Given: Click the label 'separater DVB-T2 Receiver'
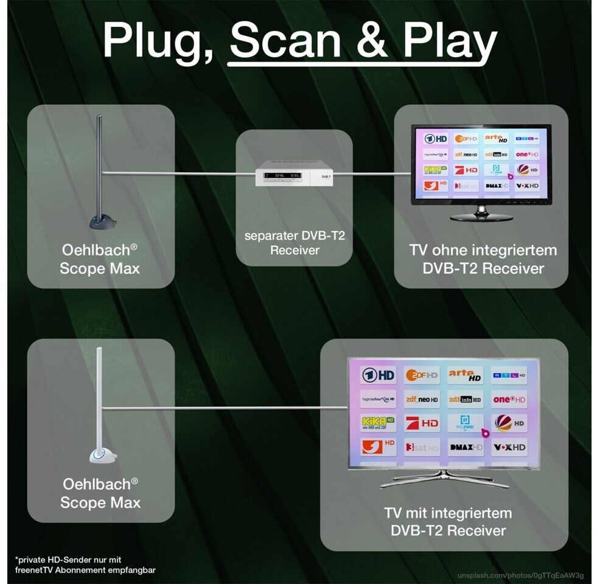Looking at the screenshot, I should pos(295,242).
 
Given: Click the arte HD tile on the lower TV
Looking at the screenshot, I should pos(466,375).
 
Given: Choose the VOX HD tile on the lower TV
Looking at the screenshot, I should pos(510,447).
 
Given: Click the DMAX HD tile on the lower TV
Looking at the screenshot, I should pos(466,447).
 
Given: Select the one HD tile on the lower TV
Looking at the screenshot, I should pos(510,399).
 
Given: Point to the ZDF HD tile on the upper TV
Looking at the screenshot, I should pos(466,139).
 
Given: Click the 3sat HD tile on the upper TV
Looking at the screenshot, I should pos(466,185).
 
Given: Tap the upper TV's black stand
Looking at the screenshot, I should pos(481,214).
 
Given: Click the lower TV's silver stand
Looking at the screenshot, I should pos(445,478).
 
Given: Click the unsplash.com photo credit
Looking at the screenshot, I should pos(521,575).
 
